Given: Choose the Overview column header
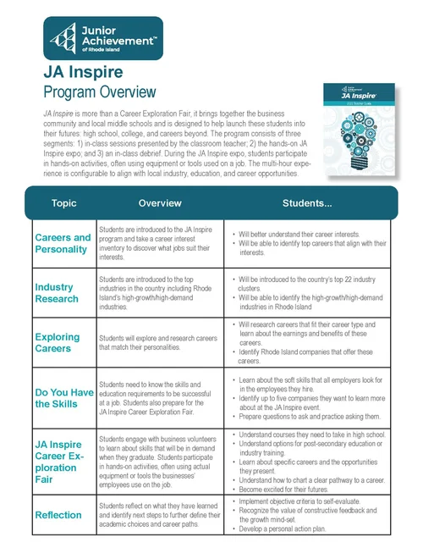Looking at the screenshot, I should click(160, 203).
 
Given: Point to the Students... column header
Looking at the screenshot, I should click(306, 203).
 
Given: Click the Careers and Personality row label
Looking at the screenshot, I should click(63, 243).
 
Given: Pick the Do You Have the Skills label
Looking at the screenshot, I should click(63, 397).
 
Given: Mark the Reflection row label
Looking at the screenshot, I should click(58, 514).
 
